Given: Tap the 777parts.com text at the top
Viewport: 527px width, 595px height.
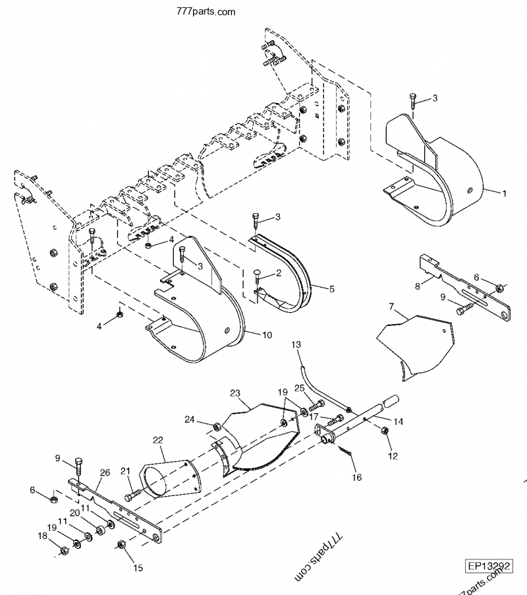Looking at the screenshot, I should point(206,12).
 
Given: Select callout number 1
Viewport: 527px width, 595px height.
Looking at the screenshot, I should point(504,194).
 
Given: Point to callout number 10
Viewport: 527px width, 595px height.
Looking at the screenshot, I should point(267,335).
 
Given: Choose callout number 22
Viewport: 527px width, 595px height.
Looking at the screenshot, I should point(157,441).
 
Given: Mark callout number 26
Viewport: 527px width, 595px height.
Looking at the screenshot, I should point(105,472).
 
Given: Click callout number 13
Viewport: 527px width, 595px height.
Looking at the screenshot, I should point(296,345).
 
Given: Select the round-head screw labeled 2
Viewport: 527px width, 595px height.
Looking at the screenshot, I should point(258,272).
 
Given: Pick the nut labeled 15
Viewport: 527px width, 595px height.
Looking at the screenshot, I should point(121,544).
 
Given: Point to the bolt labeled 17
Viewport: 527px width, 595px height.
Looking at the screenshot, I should point(336,420).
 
